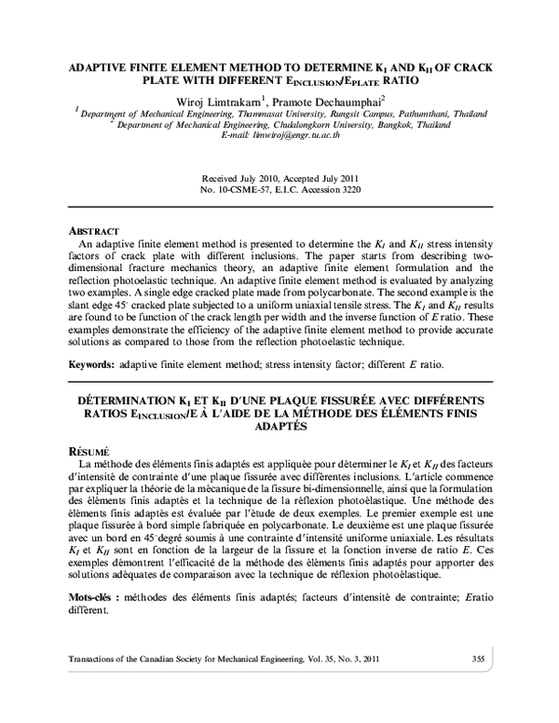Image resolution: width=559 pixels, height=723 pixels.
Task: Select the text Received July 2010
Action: [x=239, y=178]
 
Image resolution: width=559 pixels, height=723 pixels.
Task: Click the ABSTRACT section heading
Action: [x=96, y=230]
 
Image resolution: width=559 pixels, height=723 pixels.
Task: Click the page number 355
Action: [x=478, y=659]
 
